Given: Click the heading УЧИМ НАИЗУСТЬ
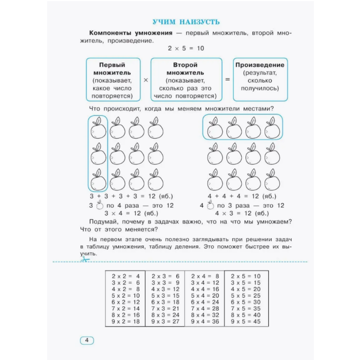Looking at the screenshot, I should pyautogui.click(x=186, y=22).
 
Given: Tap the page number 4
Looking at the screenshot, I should pyautogui.click(x=86, y=340).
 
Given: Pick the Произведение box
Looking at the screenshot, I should pyautogui.click(x=260, y=80).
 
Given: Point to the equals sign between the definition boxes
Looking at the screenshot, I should pyautogui.click(x=227, y=80).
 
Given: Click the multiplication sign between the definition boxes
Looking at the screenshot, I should pyautogui.click(x=146, y=80).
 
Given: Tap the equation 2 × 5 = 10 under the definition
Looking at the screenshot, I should pyautogui.click(x=186, y=48).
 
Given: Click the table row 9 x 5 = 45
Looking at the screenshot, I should pyautogui.click(x=246, y=321).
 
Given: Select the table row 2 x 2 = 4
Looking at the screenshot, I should pyautogui.click(x=126, y=276).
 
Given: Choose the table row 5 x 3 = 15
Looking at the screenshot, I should pyautogui.click(x=165, y=296).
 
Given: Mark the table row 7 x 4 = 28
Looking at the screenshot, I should pyautogui.click(x=205, y=309).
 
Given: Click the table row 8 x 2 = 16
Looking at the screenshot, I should pyautogui.click(x=126, y=315).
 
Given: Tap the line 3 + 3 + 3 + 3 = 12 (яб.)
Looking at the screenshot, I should pyautogui.click(x=131, y=197).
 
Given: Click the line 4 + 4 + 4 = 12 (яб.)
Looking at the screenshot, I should pyautogui.click(x=242, y=197).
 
